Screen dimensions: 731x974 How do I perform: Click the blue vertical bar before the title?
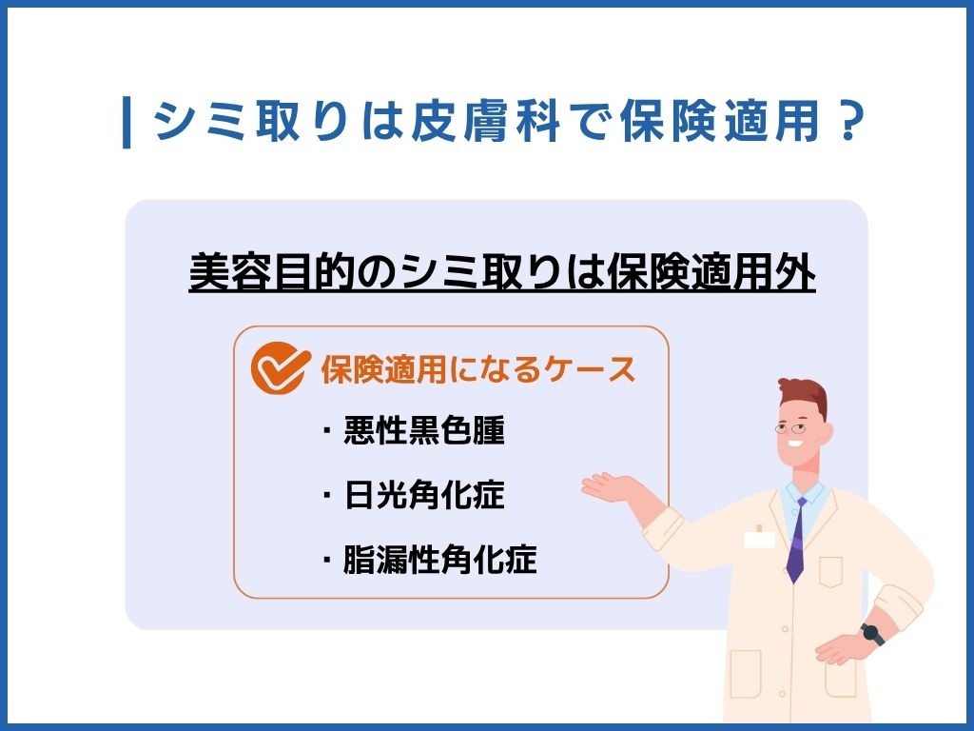coord(127,122)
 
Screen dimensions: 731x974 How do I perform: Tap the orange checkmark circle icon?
coord(280,370)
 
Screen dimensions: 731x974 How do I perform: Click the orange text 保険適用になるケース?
coord(477,370)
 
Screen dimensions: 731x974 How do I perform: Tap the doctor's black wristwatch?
coord(871,634)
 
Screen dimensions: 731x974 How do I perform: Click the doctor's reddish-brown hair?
coord(804,393)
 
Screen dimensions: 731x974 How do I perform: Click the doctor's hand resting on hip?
coord(842,651)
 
